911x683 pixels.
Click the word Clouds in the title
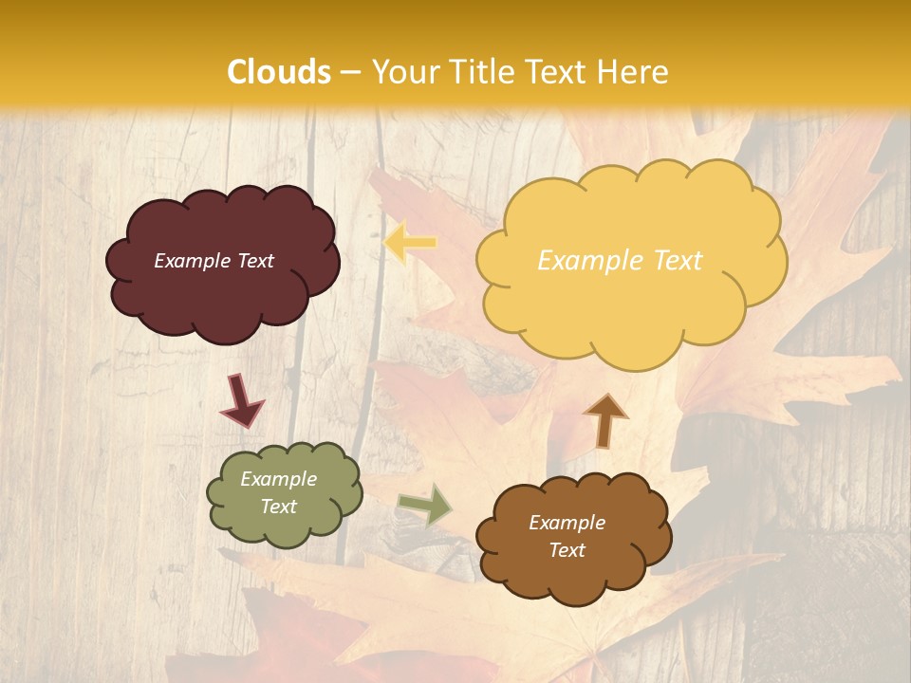click(x=279, y=72)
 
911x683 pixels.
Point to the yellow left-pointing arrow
click(x=410, y=243)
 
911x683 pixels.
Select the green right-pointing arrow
click(x=426, y=504)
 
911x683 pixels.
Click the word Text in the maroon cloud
click(x=254, y=261)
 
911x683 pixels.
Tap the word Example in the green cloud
click(x=279, y=479)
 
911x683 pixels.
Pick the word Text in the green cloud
click(x=279, y=507)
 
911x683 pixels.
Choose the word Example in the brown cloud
click(x=567, y=523)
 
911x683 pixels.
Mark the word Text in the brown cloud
click(x=567, y=550)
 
